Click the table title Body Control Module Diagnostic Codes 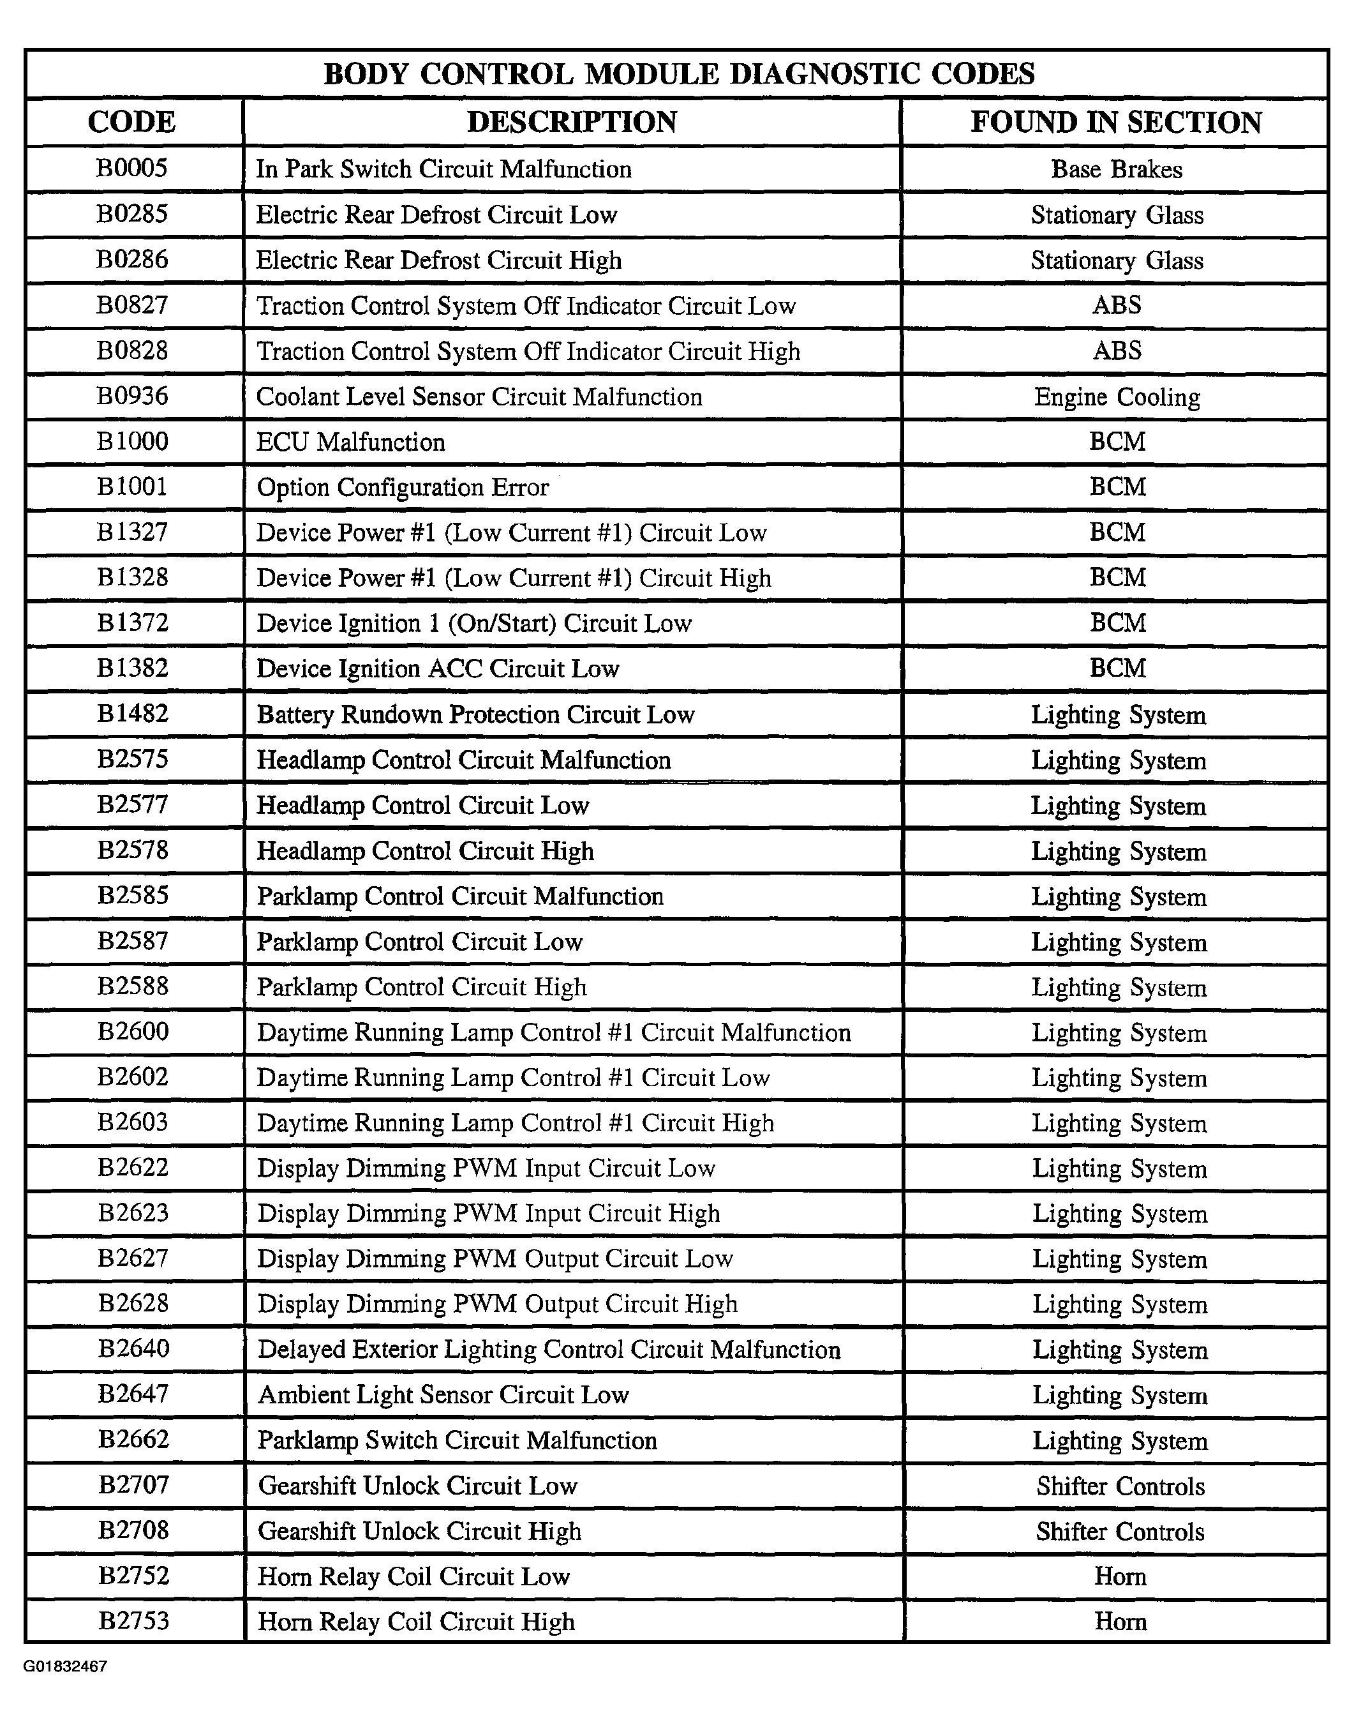[678, 74]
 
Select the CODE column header [131, 122]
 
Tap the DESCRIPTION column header [572, 122]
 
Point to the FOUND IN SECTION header [1115, 122]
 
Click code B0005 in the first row [131, 168]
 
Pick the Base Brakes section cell [1116, 169]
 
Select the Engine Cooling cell [1116, 396]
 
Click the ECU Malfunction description [350, 442]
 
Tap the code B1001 [132, 486]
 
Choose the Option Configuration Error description [403, 487]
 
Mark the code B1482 [132, 714]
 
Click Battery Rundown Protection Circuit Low [475, 714]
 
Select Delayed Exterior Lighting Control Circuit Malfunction [549, 1350]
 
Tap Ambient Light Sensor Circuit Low [443, 1395]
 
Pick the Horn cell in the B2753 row [1120, 1622]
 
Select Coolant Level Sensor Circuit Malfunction [480, 396]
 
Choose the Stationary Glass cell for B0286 [1116, 260]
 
